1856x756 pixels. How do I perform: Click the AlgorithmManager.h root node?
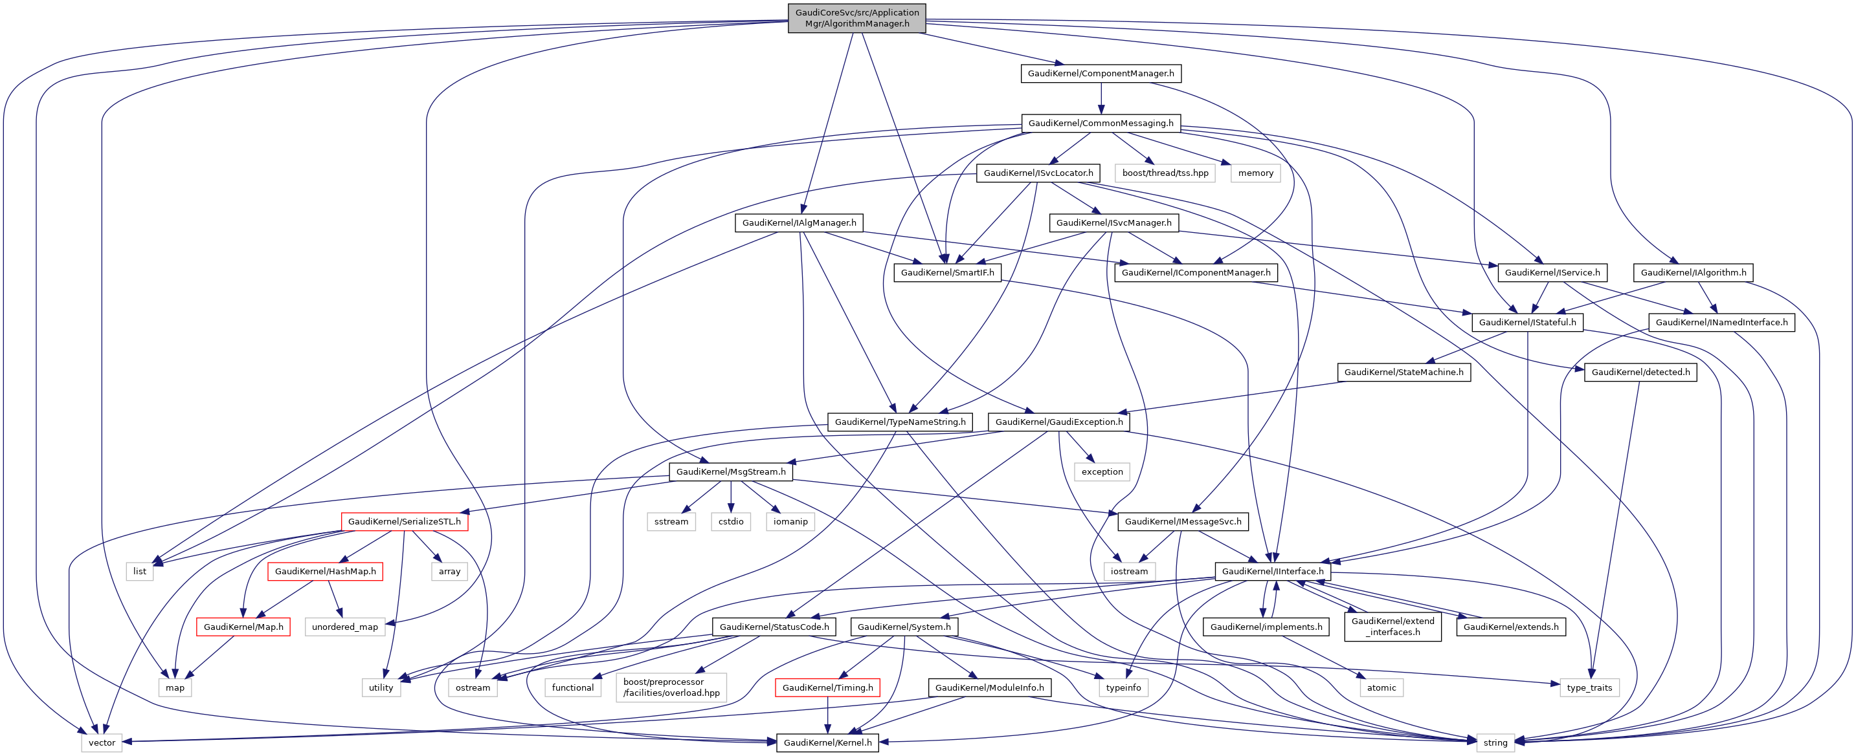[x=856, y=18]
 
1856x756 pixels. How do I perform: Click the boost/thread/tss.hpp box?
[x=1165, y=173]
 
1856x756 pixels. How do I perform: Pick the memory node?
[x=1255, y=173]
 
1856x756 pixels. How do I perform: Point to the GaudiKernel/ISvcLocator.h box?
[x=1038, y=173]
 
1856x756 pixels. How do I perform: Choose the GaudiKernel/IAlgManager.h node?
[x=799, y=222]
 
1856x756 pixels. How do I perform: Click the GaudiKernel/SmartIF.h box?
[x=946, y=272]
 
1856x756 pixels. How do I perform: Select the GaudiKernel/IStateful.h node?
[x=1526, y=322]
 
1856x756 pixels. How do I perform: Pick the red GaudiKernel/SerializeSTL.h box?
[x=404, y=521]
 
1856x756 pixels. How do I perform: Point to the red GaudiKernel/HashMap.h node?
[x=325, y=571]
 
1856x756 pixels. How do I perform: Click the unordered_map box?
[x=344, y=627]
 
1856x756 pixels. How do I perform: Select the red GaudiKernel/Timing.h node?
[x=827, y=687]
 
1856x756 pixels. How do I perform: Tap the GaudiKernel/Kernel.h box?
[x=827, y=742]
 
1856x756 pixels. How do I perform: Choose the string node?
[x=1495, y=742]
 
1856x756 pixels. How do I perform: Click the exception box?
[x=1102, y=471]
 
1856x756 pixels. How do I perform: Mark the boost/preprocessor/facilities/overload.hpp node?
[x=671, y=687]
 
